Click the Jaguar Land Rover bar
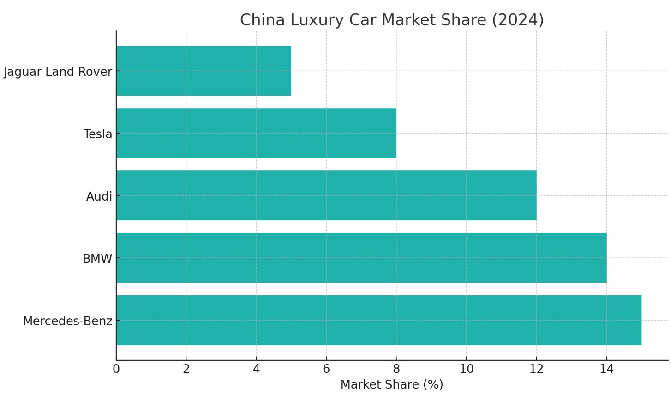coord(204,71)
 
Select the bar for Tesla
coord(256,133)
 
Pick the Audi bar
coord(326,195)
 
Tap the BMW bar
coord(361,258)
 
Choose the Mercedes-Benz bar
coord(379,320)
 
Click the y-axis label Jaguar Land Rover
coord(58,72)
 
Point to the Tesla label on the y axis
coord(98,134)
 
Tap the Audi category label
coord(99,196)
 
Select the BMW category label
coord(97,259)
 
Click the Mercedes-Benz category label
coord(67,321)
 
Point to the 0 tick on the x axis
coord(116,369)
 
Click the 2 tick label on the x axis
coord(186,369)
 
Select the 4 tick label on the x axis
coord(257,369)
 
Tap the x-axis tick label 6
coord(326,369)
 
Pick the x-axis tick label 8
coord(396,369)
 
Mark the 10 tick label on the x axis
coord(467,369)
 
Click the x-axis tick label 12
coord(537,369)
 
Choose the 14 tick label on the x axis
coord(607,369)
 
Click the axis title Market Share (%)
coord(392,384)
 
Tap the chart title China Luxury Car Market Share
coord(392,20)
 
